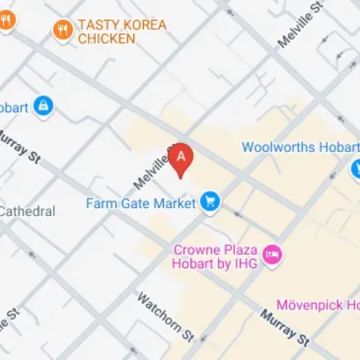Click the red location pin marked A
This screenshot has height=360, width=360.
pyautogui.click(x=181, y=158)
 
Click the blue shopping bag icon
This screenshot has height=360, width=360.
pyautogui.click(x=45, y=107)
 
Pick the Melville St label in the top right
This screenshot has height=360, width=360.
pyautogui.click(x=297, y=29)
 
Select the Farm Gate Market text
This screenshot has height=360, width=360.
pyautogui.click(x=140, y=203)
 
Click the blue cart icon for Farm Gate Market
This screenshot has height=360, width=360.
pyautogui.click(x=210, y=201)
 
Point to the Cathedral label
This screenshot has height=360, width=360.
pyautogui.click(x=27, y=212)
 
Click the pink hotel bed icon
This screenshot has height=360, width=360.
pyautogui.click(x=273, y=254)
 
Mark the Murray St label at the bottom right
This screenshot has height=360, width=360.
pyautogui.click(x=285, y=326)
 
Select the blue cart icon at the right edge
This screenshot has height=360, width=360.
pyautogui.click(x=356, y=170)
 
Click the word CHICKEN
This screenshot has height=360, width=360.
pyautogui.click(x=106, y=39)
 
